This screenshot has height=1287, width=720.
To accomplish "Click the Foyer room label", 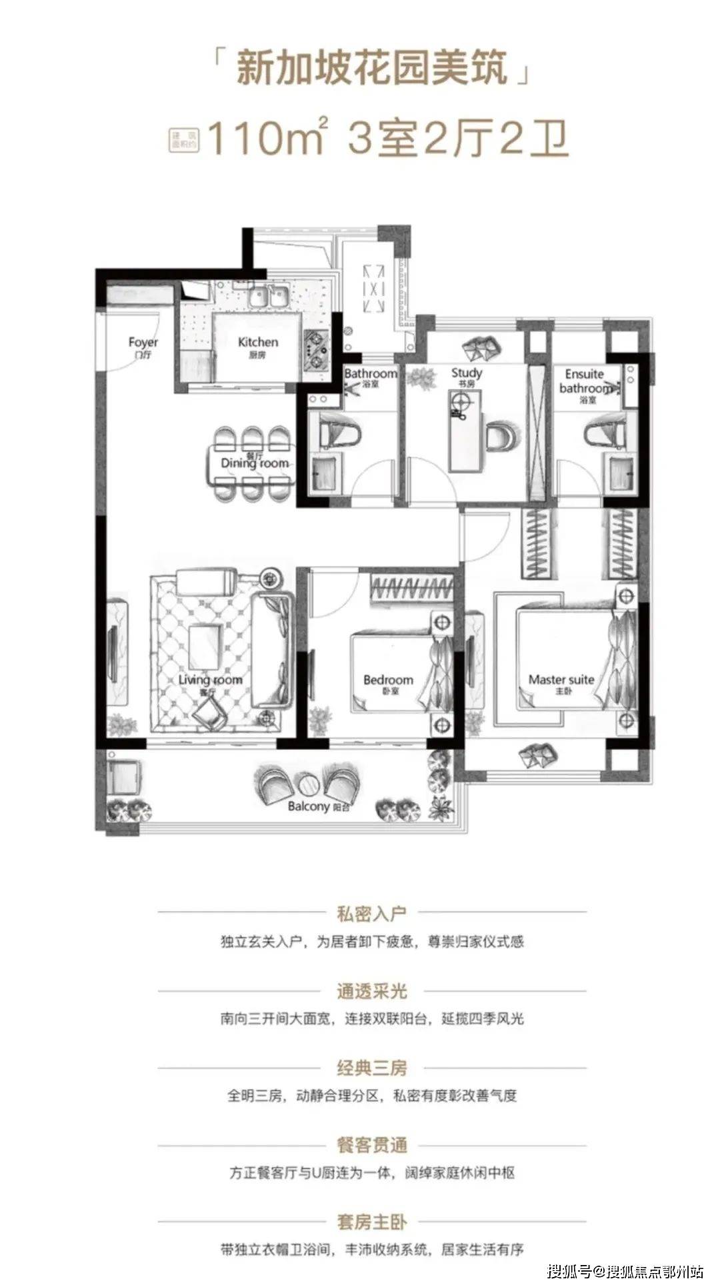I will tap(143, 347).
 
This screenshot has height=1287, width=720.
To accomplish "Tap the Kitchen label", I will tap(258, 346).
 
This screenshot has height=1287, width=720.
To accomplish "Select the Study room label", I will tap(466, 377).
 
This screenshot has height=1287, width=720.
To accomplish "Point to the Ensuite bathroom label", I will tap(585, 382).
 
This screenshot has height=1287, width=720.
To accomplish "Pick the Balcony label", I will tap(318, 806).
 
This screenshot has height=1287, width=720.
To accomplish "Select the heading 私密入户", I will tap(371, 913).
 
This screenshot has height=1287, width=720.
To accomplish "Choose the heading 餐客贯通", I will tap(371, 1146).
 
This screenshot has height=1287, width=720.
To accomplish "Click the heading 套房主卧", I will tap(371, 1222).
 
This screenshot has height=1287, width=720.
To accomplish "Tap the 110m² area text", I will tap(267, 138).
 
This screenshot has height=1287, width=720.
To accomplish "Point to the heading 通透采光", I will tap(371, 991).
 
